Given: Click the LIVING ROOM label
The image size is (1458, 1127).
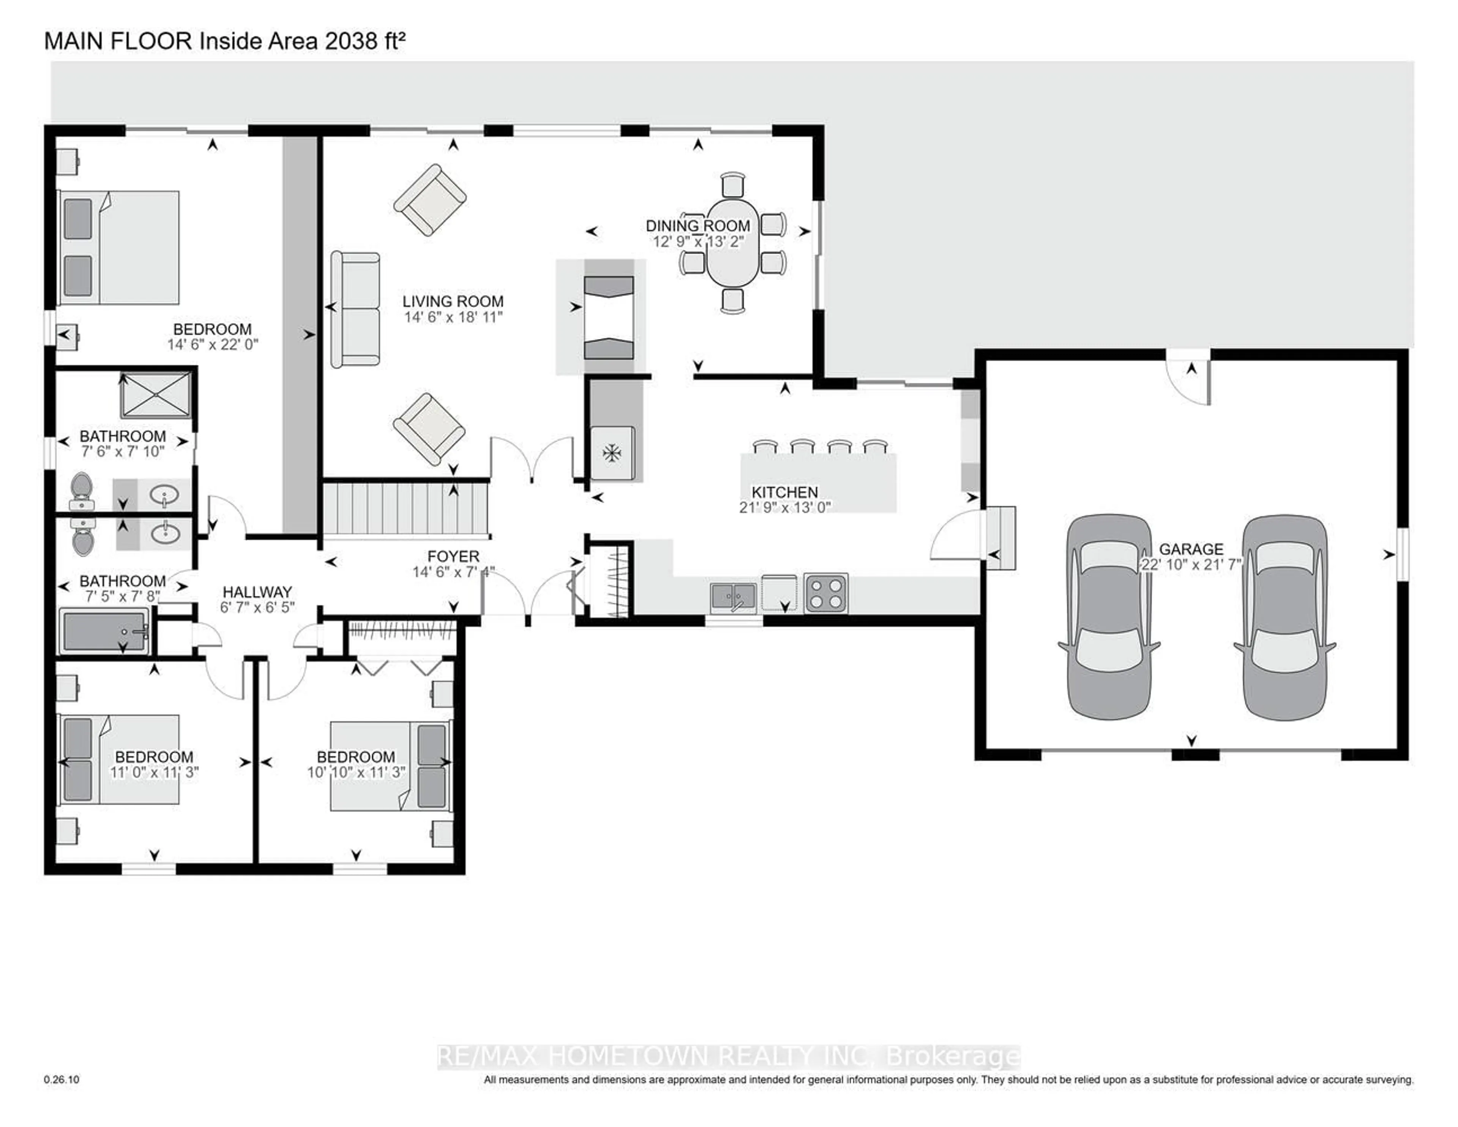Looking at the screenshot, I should pos(453,301).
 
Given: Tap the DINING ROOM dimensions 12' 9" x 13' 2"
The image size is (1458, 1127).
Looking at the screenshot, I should pos(697,242).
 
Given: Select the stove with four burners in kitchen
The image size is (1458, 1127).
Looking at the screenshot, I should pos(826,593).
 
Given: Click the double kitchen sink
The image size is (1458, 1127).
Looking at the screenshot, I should pos(733,595).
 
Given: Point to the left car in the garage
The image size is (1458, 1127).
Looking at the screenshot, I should pos(1109,617).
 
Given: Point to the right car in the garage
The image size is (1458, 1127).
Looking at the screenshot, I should pos(1284,617).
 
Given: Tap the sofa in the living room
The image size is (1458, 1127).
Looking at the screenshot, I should pos(355,309).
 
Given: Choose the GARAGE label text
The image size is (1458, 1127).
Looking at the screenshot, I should pos(1191,549).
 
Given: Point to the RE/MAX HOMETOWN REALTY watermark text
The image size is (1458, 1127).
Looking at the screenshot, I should pos(727,1056).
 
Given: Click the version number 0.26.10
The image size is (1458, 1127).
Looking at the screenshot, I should pos(62,1080).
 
